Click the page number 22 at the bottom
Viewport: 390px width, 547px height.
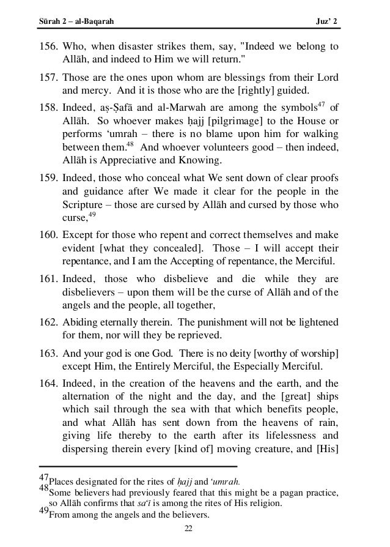pyautogui.click(x=194, y=528)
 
